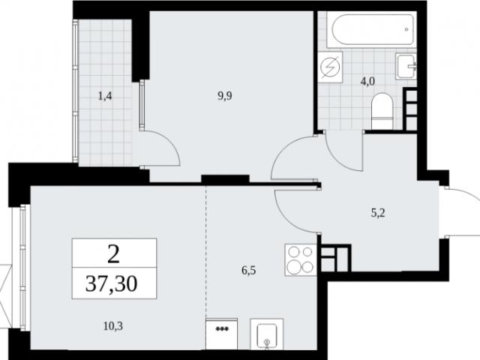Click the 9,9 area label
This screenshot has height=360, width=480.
pos(225,96)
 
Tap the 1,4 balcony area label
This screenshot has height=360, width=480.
pos(105,97)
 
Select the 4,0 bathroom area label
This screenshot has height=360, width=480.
pos(367,82)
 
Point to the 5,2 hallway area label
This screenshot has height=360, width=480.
pos(378,213)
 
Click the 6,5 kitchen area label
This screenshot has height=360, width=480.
pos(248,271)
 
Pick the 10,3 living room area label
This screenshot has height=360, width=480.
pos(113,326)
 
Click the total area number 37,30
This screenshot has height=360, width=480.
pos(112,283)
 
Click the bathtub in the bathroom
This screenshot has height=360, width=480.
pos(372,30)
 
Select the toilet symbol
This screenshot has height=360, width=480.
pos(382,112)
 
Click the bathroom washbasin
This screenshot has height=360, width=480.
pos(406,66)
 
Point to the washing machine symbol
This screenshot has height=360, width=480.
pos(330,67)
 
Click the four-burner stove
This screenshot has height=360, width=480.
pos(301,260)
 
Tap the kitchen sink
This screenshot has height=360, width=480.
pos(267,334)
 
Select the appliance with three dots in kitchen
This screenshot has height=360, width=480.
pos(222,334)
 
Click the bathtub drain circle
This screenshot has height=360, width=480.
pos(406,29)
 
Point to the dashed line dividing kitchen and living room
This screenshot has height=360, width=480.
pos(205,252)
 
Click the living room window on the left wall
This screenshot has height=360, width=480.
pos(22,267)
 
